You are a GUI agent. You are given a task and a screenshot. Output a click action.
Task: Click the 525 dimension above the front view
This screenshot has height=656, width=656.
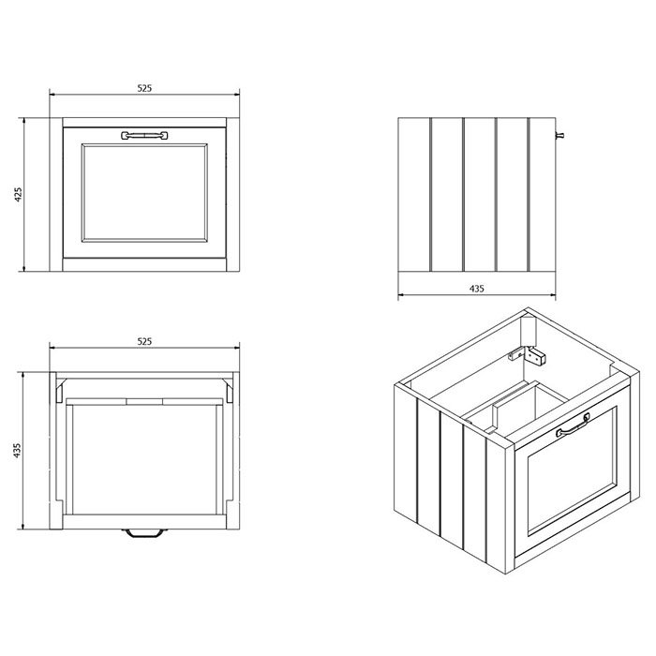(x=144, y=88)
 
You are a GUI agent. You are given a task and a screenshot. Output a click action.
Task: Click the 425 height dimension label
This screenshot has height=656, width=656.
(x=18, y=195)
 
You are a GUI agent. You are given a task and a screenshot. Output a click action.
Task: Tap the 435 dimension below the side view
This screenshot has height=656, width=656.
(x=476, y=289)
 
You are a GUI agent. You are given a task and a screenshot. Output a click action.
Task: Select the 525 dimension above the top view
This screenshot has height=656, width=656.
(x=144, y=342)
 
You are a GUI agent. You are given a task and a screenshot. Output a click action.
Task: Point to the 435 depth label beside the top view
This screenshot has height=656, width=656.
(x=17, y=450)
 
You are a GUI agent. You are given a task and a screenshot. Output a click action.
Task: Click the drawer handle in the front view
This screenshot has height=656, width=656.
(x=144, y=135)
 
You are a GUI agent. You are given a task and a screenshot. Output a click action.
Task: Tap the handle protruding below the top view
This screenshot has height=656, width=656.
(x=144, y=533)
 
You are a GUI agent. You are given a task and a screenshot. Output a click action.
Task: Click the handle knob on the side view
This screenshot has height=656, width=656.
(x=559, y=135)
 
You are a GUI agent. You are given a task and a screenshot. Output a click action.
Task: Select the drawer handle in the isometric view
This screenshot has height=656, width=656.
(x=573, y=425)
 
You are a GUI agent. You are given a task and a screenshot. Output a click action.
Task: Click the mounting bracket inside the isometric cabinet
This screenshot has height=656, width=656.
(x=527, y=355)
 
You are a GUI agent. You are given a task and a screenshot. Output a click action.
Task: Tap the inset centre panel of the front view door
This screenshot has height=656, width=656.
(x=144, y=193)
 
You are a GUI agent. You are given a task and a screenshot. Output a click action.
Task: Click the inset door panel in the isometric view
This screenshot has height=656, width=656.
(x=572, y=470)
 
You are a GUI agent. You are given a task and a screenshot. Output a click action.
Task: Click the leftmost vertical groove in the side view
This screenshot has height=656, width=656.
(x=430, y=195)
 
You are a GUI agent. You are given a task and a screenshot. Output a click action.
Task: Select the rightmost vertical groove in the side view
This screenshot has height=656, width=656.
(x=529, y=195)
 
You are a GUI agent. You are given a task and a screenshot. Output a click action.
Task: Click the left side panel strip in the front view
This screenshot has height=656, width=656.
(x=56, y=195)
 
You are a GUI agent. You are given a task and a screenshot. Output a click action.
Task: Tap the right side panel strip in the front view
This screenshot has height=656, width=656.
(x=233, y=195)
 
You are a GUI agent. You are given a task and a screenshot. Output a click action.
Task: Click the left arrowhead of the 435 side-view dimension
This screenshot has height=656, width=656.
(x=400, y=295)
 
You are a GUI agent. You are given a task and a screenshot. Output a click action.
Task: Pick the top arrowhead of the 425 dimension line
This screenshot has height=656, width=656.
(x=24, y=121)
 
